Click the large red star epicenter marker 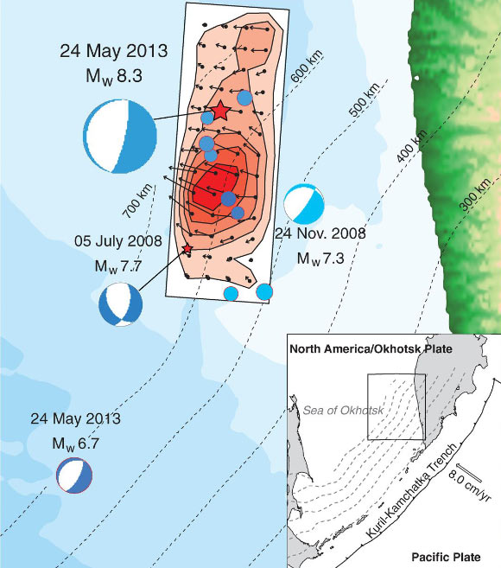219,110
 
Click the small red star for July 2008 187,249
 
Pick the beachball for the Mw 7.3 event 304,204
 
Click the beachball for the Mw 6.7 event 73,475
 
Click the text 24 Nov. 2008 320,233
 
